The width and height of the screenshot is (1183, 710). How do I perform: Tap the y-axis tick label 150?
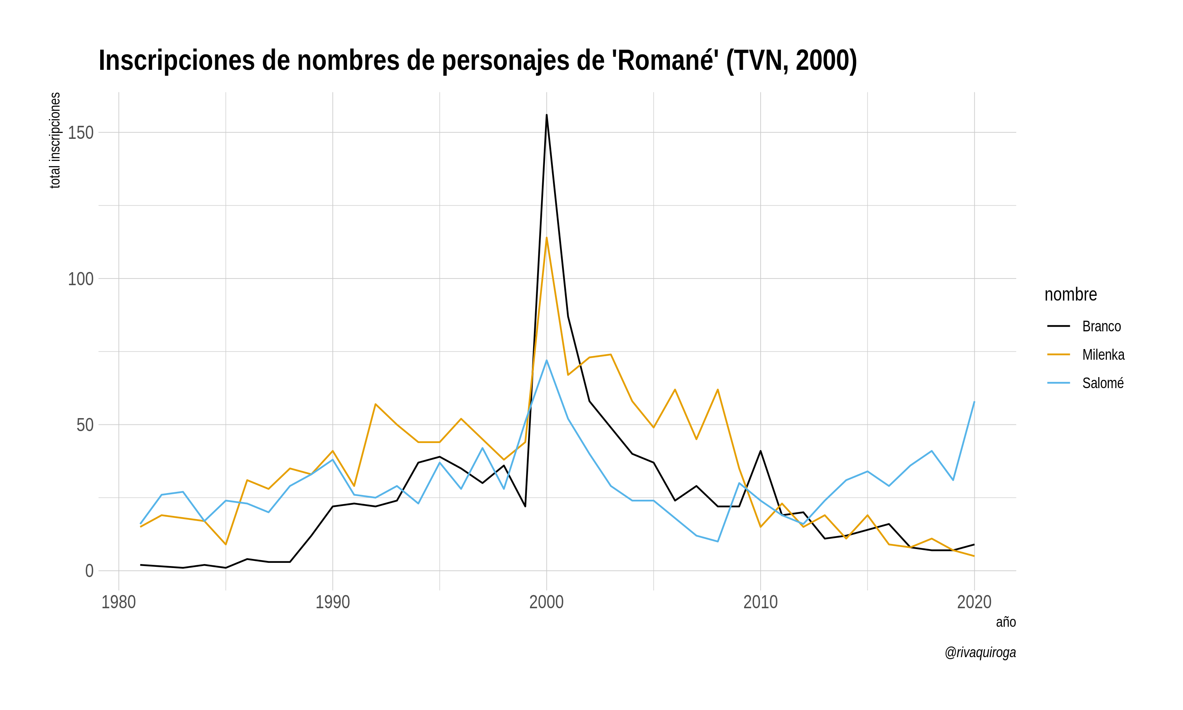pos(80,133)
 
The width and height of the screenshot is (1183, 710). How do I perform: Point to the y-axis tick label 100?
pos(80,279)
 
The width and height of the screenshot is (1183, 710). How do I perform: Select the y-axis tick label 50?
pos(85,425)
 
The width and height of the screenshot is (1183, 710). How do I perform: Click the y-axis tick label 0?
pos(89,571)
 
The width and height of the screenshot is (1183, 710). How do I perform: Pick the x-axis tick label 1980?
pos(119,602)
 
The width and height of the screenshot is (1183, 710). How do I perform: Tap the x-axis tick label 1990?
pos(332,602)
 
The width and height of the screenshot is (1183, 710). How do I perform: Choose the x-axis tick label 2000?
pos(547,602)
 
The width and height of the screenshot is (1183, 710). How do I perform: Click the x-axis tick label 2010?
pos(760,602)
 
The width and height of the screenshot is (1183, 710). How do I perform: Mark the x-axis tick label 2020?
pos(974,602)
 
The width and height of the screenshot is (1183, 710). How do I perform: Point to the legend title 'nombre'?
pos(1071,294)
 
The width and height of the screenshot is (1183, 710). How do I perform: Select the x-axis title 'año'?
pos(1006,622)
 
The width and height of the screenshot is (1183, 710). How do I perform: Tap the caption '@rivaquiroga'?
pos(980,652)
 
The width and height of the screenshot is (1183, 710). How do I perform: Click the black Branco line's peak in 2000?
pos(547,115)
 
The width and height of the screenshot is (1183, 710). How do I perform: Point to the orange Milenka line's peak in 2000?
pos(547,238)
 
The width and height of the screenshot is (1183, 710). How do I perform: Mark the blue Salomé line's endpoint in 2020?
pos(974,402)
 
